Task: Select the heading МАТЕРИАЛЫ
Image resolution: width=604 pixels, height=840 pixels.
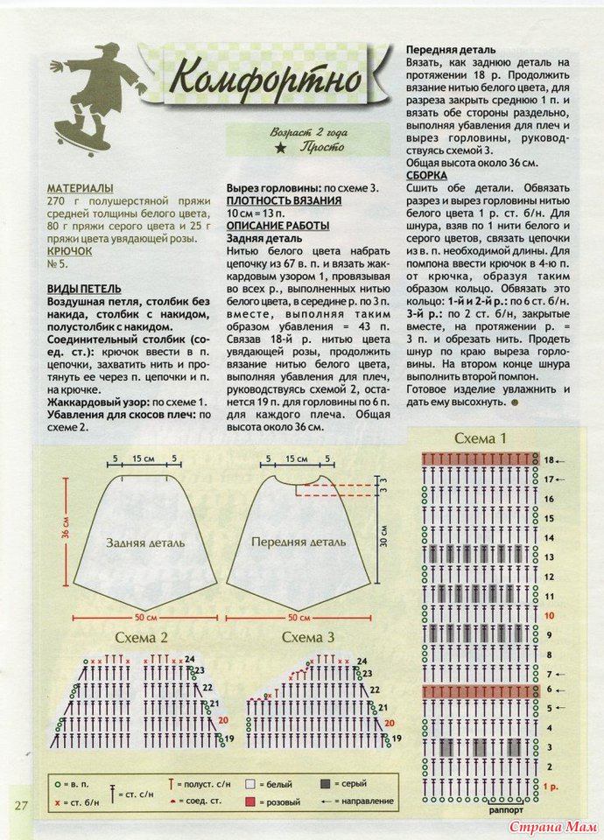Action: tap(81, 188)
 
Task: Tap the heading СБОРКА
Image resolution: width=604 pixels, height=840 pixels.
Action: tap(428, 175)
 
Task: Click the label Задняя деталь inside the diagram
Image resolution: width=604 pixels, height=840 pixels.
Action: tap(145, 542)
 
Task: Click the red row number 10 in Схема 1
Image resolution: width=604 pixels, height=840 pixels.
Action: tap(549, 615)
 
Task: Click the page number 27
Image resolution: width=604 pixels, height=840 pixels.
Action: tap(21, 804)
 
